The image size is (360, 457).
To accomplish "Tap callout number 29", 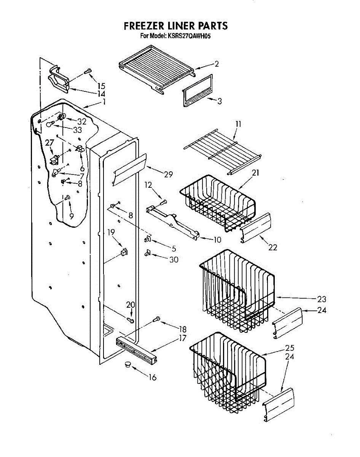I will click(168, 174).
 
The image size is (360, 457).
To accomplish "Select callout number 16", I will click(152, 377).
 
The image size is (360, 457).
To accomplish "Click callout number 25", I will click(290, 348).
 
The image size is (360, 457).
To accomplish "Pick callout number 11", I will click(238, 124).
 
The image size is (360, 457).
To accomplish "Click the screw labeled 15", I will click(88, 71).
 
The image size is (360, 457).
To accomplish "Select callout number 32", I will click(82, 122).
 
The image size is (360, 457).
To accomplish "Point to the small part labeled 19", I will click(124, 252).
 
